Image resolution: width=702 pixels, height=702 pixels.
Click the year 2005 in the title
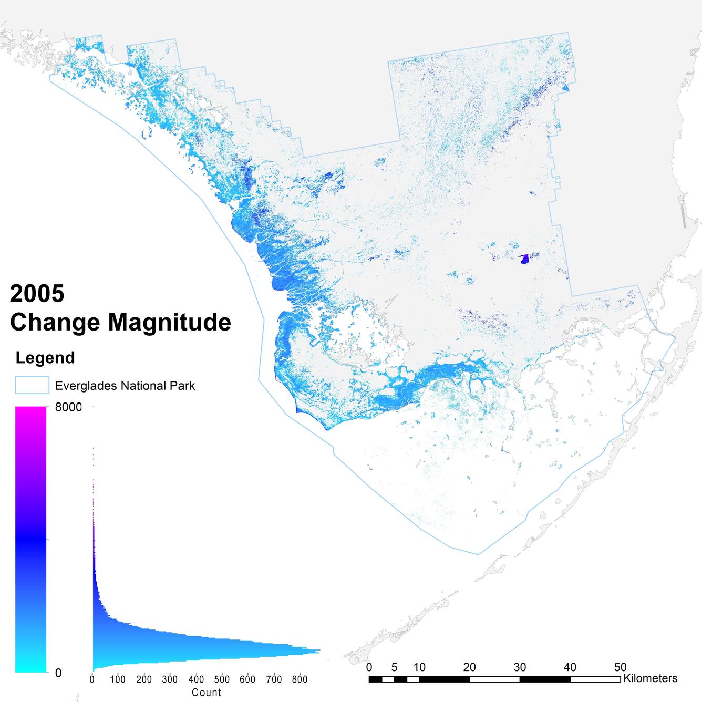coord(37,293)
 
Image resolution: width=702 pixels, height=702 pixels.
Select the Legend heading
coord(45,358)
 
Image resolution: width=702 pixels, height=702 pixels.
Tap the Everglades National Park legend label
coord(125,386)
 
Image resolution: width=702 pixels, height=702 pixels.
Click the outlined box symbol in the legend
coord(32,386)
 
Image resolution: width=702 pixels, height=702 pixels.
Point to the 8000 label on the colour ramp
coord(68,407)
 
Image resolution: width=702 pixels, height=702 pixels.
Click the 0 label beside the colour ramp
coord(58,673)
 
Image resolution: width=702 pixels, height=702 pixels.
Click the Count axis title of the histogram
coord(207,693)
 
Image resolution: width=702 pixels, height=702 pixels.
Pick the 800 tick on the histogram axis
coord(299,679)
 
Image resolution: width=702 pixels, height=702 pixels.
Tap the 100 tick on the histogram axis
coord(118,679)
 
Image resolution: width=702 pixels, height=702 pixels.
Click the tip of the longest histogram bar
coord(319,652)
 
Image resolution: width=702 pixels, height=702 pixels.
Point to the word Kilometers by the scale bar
coord(650,678)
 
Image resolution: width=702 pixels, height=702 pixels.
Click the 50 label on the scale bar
coord(620,667)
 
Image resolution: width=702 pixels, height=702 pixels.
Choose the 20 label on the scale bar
coord(469,667)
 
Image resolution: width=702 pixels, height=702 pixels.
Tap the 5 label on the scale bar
coord(394,667)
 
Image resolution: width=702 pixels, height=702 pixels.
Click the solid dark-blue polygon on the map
coord(524,259)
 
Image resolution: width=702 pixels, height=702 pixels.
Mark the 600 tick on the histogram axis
coord(247,679)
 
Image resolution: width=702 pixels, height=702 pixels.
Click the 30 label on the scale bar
coord(520,667)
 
